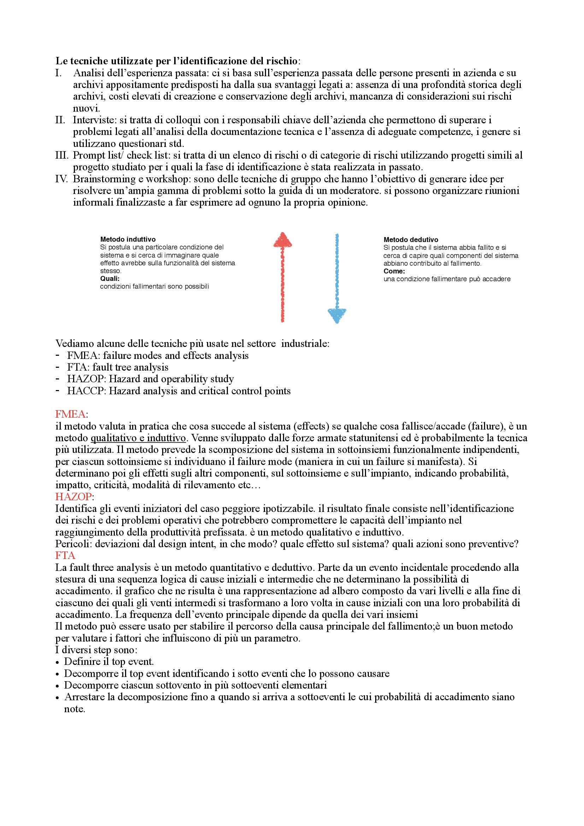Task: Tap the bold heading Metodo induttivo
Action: pyautogui.click(x=128, y=239)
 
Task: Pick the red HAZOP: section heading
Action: pyautogui.click(x=74, y=497)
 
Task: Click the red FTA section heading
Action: pyautogui.click(x=65, y=555)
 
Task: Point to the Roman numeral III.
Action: pyautogui.click(x=63, y=155)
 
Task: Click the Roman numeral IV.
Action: pyautogui.click(x=63, y=179)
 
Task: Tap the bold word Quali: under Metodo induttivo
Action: pyautogui.click(x=110, y=279)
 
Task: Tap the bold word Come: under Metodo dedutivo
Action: pyautogui.click(x=394, y=271)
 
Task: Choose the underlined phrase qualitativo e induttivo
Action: pyautogui.click(x=138, y=438)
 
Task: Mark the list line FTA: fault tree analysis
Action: pyautogui.click(x=118, y=367)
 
